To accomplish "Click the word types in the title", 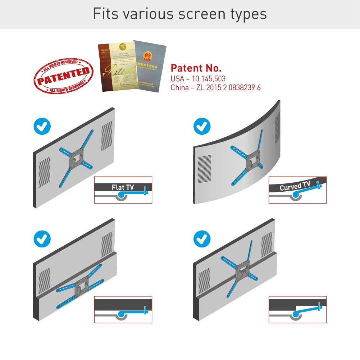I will click(x=248, y=14).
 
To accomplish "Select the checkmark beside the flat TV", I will click(x=42, y=126).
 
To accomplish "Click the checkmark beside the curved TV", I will click(x=202, y=126).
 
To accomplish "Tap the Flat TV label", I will click(x=123, y=187).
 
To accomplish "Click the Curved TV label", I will click(x=295, y=186).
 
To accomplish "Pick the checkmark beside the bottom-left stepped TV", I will click(x=42, y=238).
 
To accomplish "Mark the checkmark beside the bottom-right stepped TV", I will click(x=202, y=238).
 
